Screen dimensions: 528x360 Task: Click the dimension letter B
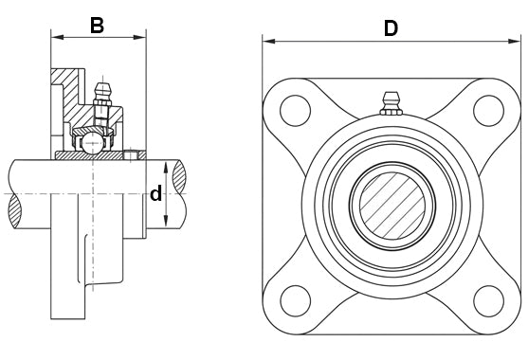pyautogui.click(x=97, y=26)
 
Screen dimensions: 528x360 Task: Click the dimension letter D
pyautogui.click(x=391, y=28)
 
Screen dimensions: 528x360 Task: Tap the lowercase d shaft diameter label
pyautogui.click(x=155, y=193)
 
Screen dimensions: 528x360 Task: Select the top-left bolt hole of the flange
pyautogui.click(x=295, y=111)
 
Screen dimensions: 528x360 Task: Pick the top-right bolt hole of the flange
pyautogui.click(x=488, y=111)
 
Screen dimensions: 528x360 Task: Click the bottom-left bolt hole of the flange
pyautogui.click(x=295, y=301)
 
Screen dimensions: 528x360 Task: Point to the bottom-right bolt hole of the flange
pyautogui.click(x=488, y=301)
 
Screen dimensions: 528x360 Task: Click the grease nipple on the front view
pyautogui.click(x=391, y=103)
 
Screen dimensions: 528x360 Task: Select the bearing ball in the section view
pyautogui.click(x=93, y=143)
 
